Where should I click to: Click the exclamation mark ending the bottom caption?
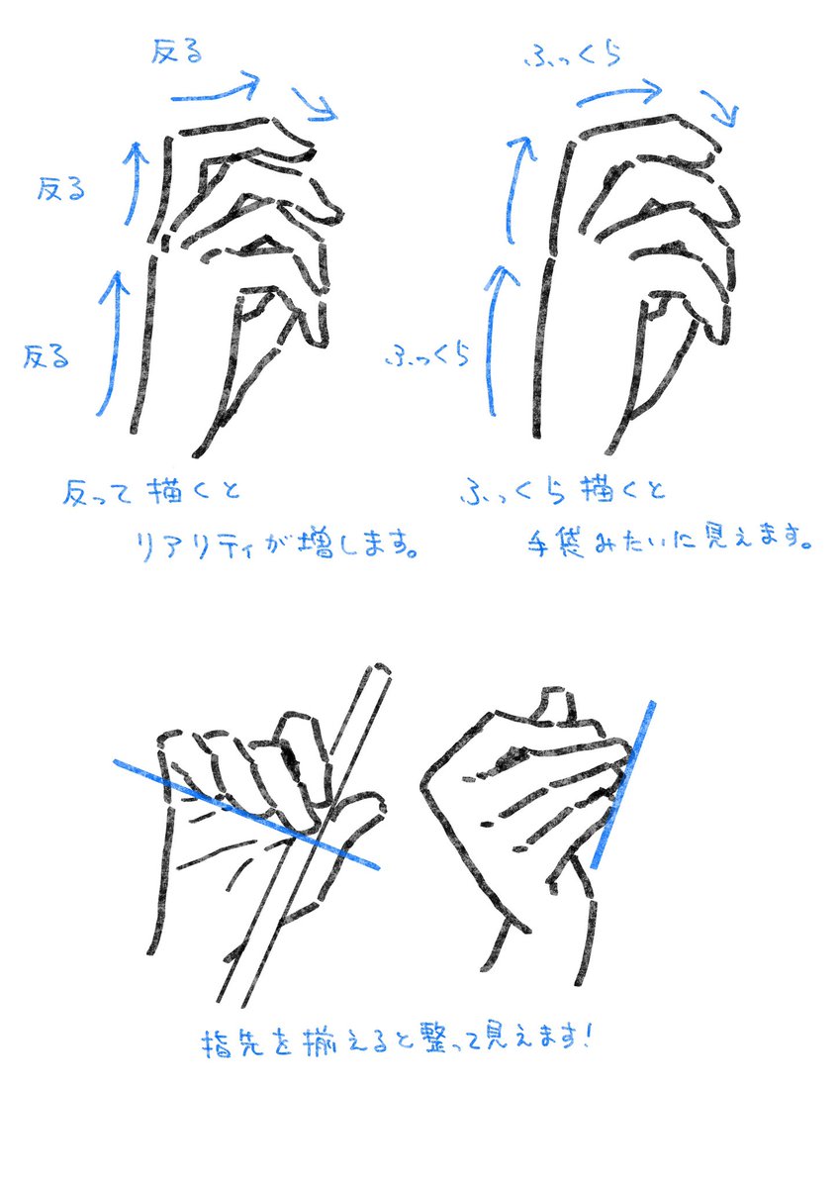(x=591, y=1038)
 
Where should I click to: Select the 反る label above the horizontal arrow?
(x=175, y=51)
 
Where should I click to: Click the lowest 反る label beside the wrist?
(x=47, y=354)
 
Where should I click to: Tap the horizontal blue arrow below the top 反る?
(x=216, y=91)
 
